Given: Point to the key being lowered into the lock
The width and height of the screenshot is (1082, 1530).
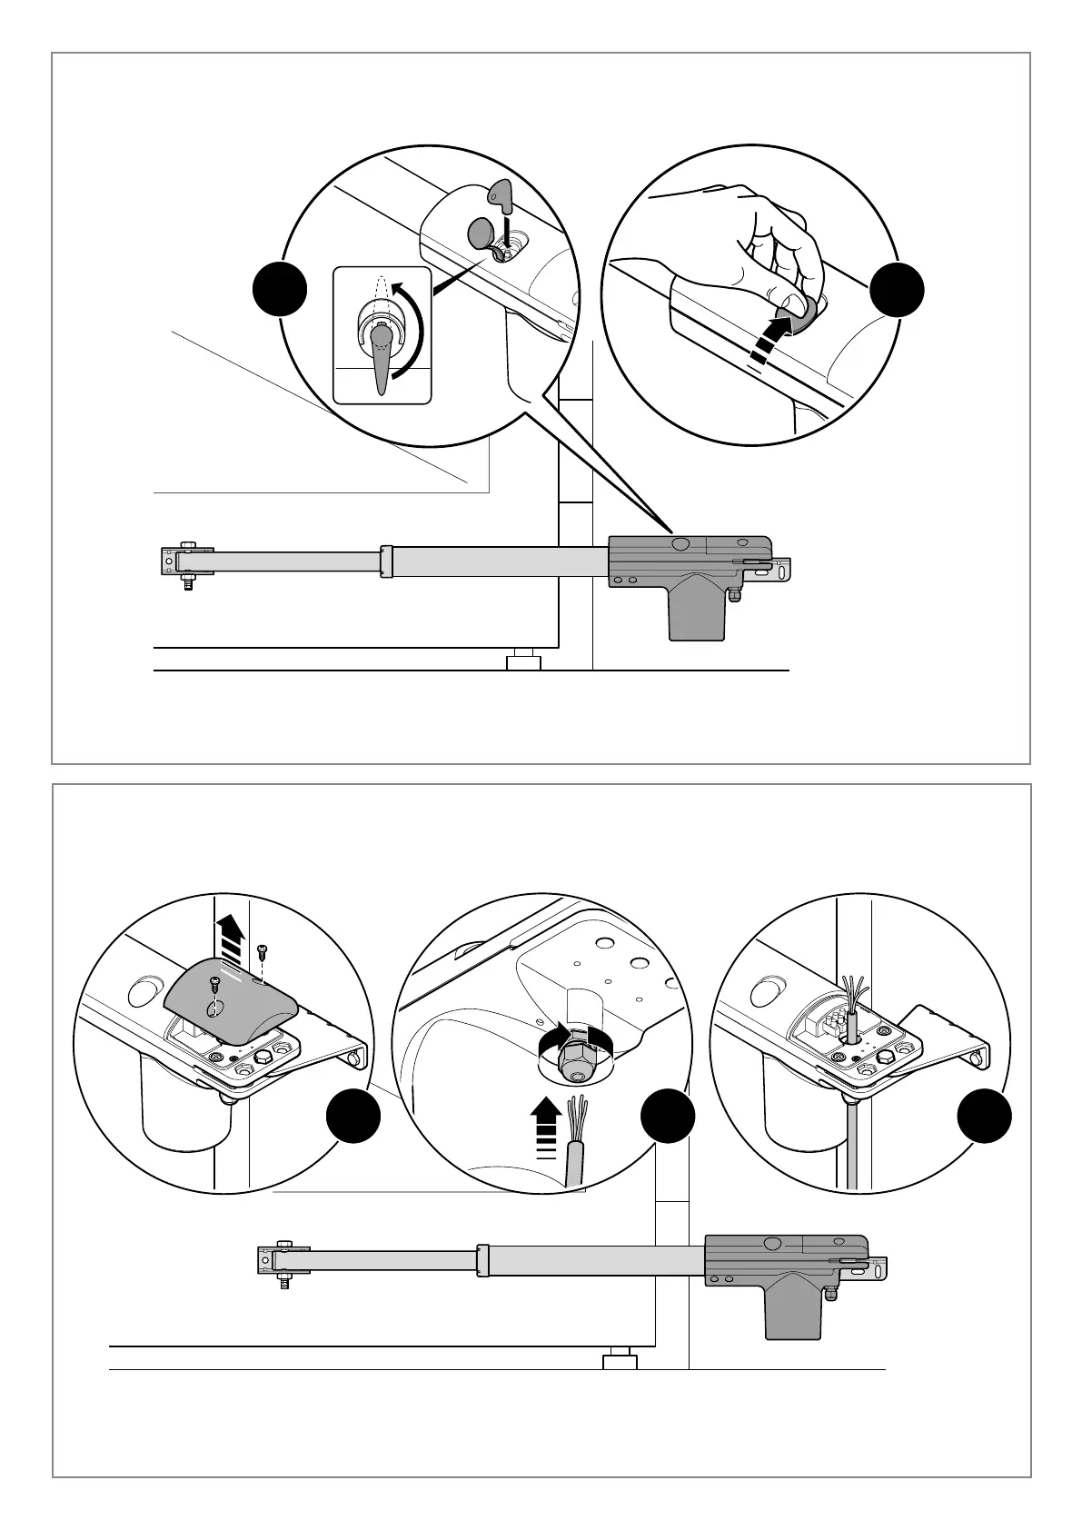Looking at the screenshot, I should pyautogui.click(x=498, y=194).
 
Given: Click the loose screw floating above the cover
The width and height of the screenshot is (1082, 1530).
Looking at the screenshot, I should pyautogui.click(x=263, y=951).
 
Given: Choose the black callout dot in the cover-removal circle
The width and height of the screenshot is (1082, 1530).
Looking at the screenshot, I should pyautogui.click(x=353, y=1118).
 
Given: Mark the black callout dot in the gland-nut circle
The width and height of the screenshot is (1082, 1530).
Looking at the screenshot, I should pyautogui.click(x=668, y=1118).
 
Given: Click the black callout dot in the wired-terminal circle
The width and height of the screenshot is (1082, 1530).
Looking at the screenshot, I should pyautogui.click(x=984, y=1118).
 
